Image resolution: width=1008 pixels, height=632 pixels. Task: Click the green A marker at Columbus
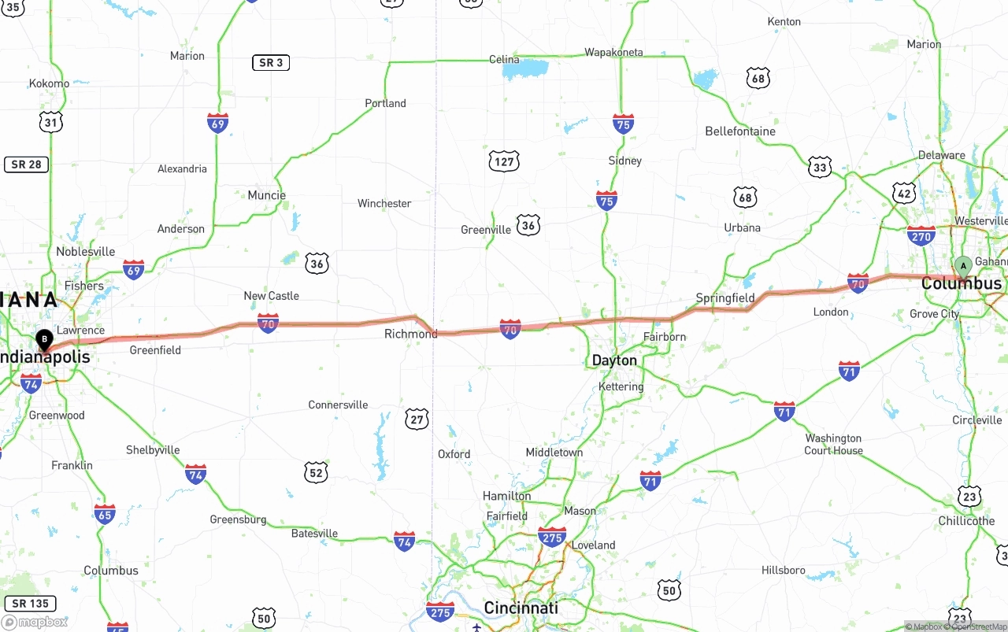(962, 266)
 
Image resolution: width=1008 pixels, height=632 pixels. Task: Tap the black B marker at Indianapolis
(45, 340)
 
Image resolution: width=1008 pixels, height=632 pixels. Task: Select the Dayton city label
(614, 360)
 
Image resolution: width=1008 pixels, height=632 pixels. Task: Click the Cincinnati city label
(521, 608)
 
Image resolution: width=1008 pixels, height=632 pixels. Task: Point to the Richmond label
(410, 334)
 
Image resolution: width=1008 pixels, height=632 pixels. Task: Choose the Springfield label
(725, 298)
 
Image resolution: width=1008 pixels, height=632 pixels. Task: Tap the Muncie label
(266, 195)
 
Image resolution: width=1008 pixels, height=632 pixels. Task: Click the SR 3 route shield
(271, 62)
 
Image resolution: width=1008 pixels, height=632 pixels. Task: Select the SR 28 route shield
(27, 164)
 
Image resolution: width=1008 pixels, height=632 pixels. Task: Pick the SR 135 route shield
(31, 604)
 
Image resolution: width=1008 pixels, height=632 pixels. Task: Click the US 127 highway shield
(504, 162)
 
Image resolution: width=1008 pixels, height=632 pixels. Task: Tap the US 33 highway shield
(820, 167)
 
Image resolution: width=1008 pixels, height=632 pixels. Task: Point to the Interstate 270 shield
(921, 235)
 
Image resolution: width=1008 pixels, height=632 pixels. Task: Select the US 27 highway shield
(417, 419)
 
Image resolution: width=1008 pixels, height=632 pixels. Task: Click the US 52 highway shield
(317, 472)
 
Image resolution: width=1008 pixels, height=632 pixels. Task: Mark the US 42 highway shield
(905, 193)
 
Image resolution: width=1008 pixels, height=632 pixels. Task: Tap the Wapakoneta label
(613, 53)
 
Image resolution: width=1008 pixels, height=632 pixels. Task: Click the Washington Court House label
(833, 445)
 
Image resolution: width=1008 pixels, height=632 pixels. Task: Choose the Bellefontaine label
(740, 131)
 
